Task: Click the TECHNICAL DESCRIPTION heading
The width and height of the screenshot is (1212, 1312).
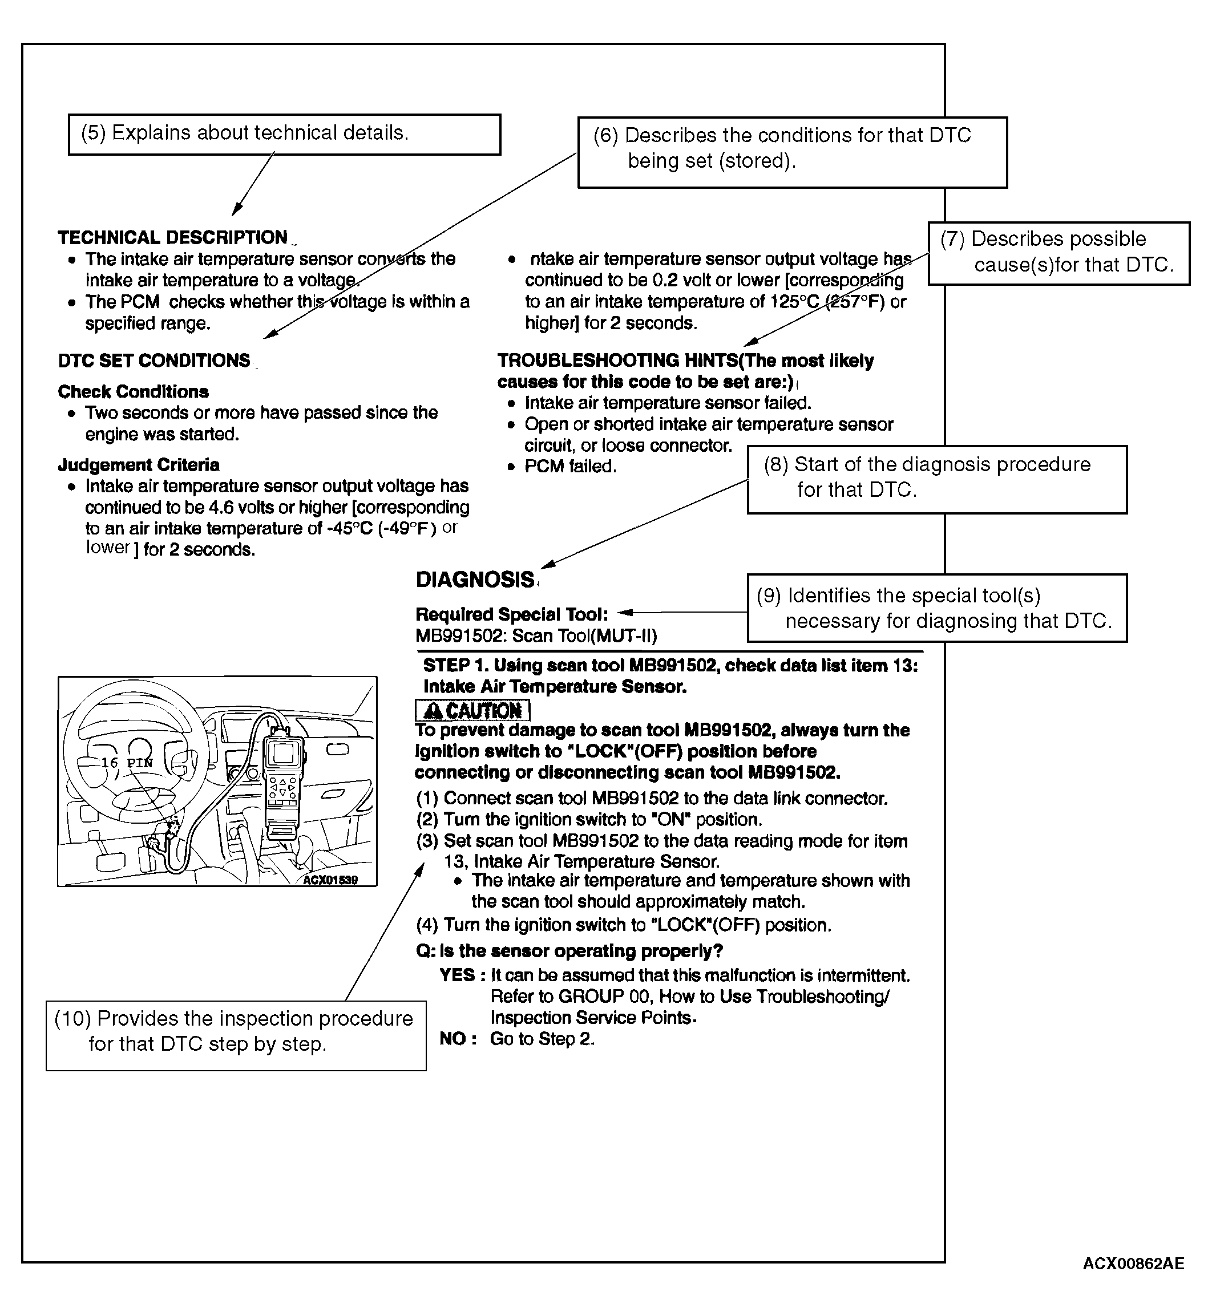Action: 172,237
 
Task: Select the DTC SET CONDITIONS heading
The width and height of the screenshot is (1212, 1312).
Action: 154,361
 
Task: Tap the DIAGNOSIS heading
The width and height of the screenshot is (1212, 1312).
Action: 475,580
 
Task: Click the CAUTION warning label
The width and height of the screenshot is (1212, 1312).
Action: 472,711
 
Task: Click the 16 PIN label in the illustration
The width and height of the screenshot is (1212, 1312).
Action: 127,763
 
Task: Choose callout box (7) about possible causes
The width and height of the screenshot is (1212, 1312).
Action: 1058,253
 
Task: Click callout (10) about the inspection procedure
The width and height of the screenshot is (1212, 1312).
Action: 236,1031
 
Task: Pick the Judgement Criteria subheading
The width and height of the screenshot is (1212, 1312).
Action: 139,465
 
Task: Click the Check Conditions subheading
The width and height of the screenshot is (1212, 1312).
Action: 133,391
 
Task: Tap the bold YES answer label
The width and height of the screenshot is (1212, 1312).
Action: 457,975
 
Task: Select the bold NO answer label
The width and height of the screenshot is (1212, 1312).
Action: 453,1038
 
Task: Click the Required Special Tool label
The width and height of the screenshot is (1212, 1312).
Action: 511,614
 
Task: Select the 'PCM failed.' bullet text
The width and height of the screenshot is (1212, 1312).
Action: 570,466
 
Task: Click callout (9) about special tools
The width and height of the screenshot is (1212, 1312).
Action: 936,608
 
